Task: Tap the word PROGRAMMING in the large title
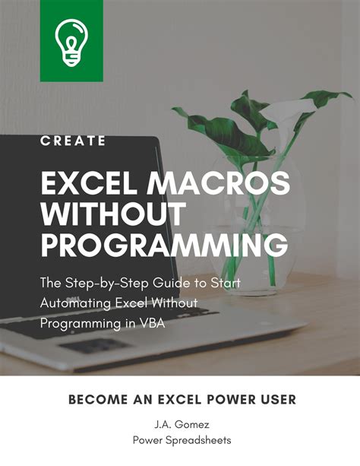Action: click(163, 246)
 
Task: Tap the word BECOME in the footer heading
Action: click(96, 399)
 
